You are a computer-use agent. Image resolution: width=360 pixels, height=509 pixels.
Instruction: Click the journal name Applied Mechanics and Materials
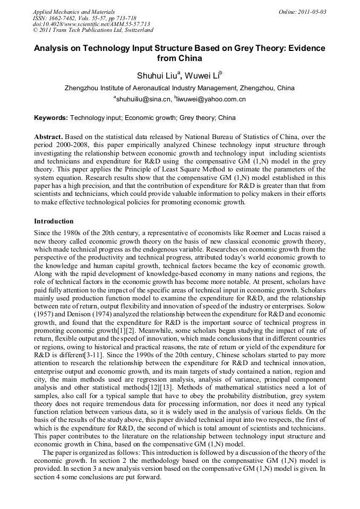pyautogui.click(x=74, y=12)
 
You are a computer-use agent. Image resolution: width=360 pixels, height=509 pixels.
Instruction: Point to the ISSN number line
pyautogui.click(x=84, y=18)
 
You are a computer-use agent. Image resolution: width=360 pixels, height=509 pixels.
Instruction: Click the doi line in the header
pyautogui.click(x=91, y=24)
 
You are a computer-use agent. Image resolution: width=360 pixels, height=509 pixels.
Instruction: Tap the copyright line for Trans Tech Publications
pyautogui.click(x=93, y=31)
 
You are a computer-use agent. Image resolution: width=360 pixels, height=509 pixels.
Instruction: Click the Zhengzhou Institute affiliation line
pyautogui.click(x=179, y=88)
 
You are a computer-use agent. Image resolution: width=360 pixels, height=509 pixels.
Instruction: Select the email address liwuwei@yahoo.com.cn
pyautogui.click(x=211, y=99)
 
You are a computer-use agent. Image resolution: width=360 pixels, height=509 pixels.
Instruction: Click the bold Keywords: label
pyautogui.click(x=51, y=118)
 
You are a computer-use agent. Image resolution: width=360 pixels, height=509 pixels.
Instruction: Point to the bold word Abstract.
pyautogui.click(x=48, y=137)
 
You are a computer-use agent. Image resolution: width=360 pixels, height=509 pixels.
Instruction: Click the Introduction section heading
pyautogui.click(x=54, y=221)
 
